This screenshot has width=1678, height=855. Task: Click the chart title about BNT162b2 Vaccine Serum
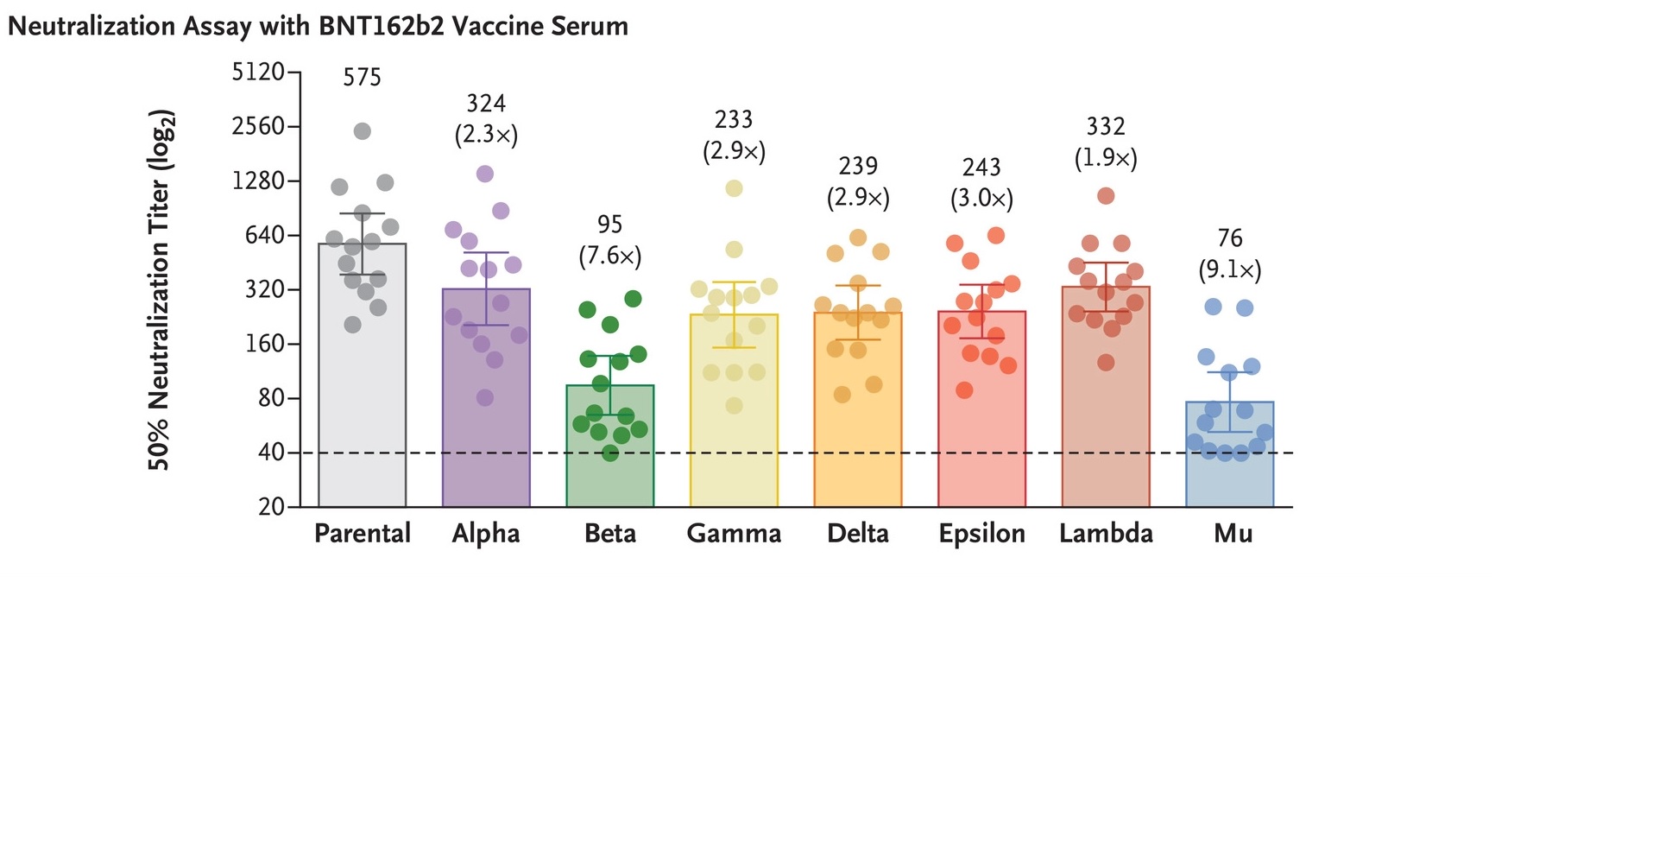(x=318, y=27)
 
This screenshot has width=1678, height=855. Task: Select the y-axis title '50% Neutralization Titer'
(x=161, y=289)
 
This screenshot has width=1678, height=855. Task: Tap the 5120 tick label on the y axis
(x=258, y=72)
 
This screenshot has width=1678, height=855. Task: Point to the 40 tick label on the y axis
(x=270, y=453)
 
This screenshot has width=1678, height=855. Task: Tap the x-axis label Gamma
(x=734, y=533)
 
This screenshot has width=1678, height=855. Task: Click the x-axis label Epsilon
(x=981, y=533)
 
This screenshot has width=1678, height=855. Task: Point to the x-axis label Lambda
(x=1106, y=533)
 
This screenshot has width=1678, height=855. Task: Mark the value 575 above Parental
(x=362, y=78)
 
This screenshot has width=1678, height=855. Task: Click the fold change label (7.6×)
(x=609, y=256)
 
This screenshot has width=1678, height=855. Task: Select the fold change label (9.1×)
(x=1229, y=270)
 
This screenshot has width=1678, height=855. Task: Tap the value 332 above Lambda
(x=1106, y=127)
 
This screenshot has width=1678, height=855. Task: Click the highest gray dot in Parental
(x=363, y=131)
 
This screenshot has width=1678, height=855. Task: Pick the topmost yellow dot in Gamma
(x=734, y=188)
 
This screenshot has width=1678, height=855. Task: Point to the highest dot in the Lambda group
(x=1106, y=196)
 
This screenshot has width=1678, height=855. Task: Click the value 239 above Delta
(x=858, y=166)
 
